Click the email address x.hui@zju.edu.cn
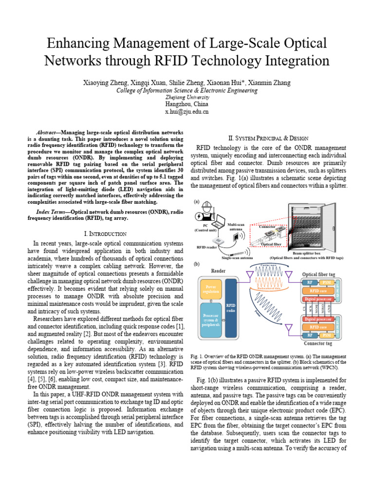click(x=187, y=112)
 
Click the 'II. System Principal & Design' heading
click(x=271, y=138)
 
